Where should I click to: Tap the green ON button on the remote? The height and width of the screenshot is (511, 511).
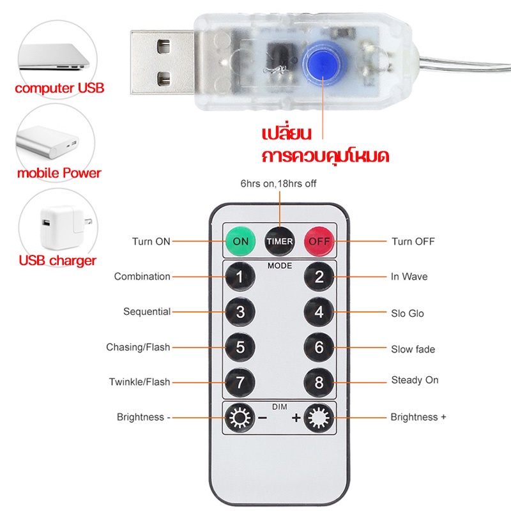pyautogui.click(x=241, y=241)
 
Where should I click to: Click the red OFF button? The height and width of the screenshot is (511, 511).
pyautogui.click(x=319, y=241)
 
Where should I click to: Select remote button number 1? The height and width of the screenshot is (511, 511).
pyautogui.click(x=240, y=277)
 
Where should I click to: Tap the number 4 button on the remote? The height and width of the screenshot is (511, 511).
pyautogui.click(x=319, y=312)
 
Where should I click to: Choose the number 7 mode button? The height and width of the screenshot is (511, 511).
pyautogui.click(x=240, y=382)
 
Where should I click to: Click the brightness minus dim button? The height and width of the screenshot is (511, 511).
pyautogui.click(x=240, y=418)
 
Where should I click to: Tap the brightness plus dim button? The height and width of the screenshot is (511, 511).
pyautogui.click(x=319, y=418)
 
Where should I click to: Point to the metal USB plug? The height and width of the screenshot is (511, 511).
pyautogui.click(x=163, y=62)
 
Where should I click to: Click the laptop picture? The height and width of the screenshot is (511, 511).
pyautogui.click(x=54, y=57)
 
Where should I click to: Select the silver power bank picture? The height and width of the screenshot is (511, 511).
pyautogui.click(x=47, y=142)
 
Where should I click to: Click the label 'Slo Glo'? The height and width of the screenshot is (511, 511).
pyautogui.click(x=408, y=314)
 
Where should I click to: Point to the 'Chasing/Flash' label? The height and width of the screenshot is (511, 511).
pyautogui.click(x=138, y=347)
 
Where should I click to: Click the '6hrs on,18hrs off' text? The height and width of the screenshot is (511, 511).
pyautogui.click(x=278, y=183)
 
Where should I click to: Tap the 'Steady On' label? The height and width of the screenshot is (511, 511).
pyautogui.click(x=415, y=380)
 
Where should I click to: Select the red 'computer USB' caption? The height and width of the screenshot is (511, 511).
pyautogui.click(x=59, y=88)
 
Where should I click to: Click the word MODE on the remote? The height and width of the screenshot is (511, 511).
pyautogui.click(x=280, y=266)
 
